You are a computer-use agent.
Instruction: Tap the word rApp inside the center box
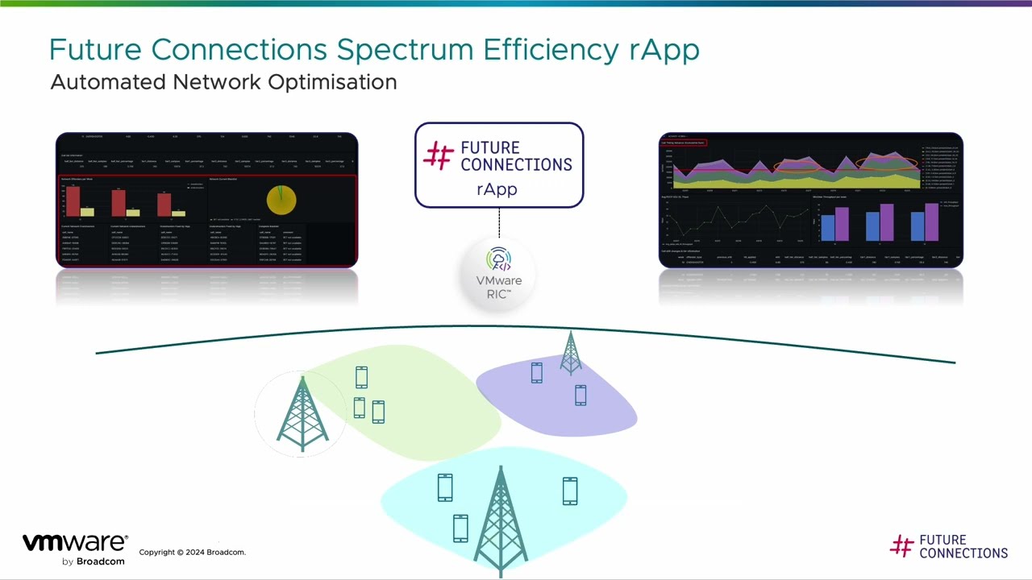click(x=497, y=189)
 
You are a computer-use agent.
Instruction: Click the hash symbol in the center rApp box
click(x=439, y=155)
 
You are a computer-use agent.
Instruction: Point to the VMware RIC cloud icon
click(x=499, y=260)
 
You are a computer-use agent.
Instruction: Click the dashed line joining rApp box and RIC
click(x=499, y=223)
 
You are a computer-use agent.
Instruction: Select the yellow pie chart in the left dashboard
click(x=281, y=201)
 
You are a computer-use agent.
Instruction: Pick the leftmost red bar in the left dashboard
click(x=73, y=201)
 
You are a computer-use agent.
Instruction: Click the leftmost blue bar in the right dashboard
click(x=827, y=226)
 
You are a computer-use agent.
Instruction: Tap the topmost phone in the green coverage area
click(x=361, y=377)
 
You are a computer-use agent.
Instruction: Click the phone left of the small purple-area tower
click(x=537, y=372)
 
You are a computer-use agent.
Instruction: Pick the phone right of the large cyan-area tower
click(x=570, y=491)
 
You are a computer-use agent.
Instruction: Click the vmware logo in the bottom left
click(x=75, y=543)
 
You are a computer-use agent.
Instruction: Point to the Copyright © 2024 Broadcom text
click(x=192, y=553)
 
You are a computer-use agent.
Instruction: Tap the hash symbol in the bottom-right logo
click(x=901, y=546)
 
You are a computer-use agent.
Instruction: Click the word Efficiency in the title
click(x=551, y=50)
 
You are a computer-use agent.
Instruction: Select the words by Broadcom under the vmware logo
click(x=94, y=561)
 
